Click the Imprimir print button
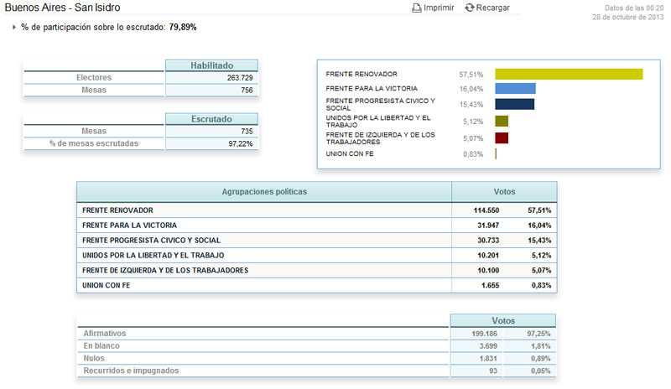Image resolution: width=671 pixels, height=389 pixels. point(433,8)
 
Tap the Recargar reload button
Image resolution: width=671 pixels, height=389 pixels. point(487,8)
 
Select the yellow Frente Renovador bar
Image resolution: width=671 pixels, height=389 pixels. point(569,74)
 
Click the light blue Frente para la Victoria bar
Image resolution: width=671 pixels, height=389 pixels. point(515,89)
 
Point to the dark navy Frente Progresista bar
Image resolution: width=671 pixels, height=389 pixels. point(515,105)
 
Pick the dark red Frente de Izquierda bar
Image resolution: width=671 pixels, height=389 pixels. point(502,138)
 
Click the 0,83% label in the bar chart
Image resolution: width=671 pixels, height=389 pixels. point(473,154)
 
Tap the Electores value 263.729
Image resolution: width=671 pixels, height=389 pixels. point(240,78)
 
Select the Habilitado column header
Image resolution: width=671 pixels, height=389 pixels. point(212,65)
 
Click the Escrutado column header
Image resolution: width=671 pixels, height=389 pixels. point(212,119)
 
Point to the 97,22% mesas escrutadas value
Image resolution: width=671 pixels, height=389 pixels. point(241,144)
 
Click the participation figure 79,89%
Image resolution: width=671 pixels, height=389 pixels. point(183,27)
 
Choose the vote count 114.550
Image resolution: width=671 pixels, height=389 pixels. point(486,210)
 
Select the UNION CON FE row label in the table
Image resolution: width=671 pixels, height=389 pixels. point(107,285)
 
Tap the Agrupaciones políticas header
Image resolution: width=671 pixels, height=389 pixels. point(264,192)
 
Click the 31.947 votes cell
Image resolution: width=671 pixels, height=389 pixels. point(488,226)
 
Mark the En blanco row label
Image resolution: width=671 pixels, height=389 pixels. point(101,345)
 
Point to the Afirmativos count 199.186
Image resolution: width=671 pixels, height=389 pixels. point(485,334)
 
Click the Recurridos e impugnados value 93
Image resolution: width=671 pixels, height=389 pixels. point(493,371)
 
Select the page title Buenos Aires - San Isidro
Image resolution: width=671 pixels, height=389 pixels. point(62,8)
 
